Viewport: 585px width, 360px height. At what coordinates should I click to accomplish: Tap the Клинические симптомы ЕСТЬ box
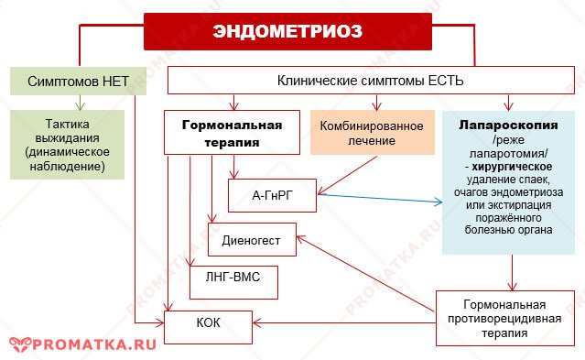[370, 81]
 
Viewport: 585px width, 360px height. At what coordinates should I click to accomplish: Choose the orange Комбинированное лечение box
[372, 133]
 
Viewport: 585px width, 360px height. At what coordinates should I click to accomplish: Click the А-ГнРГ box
[271, 194]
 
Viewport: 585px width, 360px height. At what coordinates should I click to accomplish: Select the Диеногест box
[252, 239]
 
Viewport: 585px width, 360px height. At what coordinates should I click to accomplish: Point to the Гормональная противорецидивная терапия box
[505, 318]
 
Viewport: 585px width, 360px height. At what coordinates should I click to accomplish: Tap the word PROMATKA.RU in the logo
[94, 344]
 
